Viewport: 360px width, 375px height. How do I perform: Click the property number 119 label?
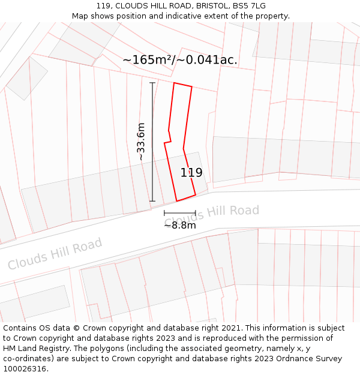point(191,173)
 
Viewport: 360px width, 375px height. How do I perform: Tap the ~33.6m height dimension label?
point(141,142)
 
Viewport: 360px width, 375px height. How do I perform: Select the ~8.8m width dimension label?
point(180,226)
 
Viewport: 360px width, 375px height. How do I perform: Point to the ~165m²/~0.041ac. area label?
point(180,60)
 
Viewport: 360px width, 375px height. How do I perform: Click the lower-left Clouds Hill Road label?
point(55,254)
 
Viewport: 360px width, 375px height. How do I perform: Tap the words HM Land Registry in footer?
point(35,349)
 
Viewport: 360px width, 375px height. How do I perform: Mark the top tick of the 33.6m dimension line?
point(152,83)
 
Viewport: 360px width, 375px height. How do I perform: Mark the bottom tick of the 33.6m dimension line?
point(152,201)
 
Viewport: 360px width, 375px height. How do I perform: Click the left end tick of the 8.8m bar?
point(164,213)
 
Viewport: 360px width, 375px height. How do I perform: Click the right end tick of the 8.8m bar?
point(196,213)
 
